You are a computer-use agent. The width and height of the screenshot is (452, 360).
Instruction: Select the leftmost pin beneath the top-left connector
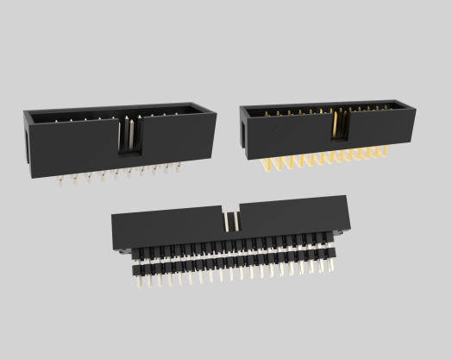(x=62, y=180)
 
